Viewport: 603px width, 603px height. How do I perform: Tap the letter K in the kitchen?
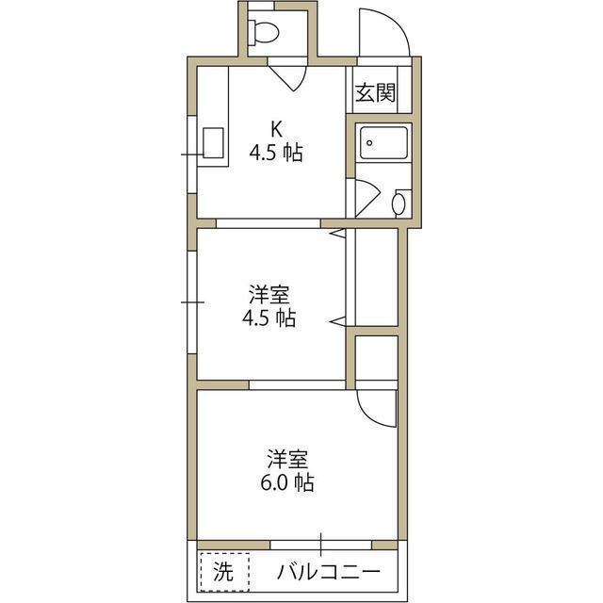[276, 128]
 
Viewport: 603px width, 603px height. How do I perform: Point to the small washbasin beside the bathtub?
[400, 202]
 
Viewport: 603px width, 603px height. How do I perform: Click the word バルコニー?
[329, 571]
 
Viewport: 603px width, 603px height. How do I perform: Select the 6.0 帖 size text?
[288, 484]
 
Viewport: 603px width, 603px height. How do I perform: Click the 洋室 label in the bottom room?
[288, 460]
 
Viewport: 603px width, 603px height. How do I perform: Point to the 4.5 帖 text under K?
[276, 152]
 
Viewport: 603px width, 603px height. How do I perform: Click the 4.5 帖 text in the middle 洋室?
[269, 318]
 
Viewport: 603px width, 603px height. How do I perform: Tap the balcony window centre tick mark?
[320, 545]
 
